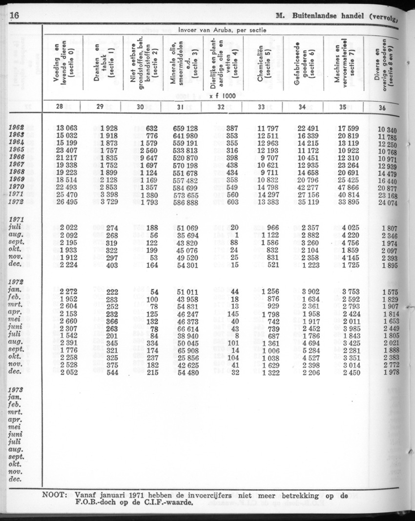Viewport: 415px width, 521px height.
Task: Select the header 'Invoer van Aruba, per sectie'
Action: pos(223,30)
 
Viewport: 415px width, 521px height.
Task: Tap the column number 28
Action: pos(62,107)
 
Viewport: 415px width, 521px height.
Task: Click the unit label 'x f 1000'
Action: pos(222,96)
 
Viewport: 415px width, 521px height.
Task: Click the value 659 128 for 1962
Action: pos(185,128)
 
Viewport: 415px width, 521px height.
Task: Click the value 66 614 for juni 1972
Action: pos(185,329)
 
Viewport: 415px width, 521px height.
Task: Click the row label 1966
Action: pos(17,157)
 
